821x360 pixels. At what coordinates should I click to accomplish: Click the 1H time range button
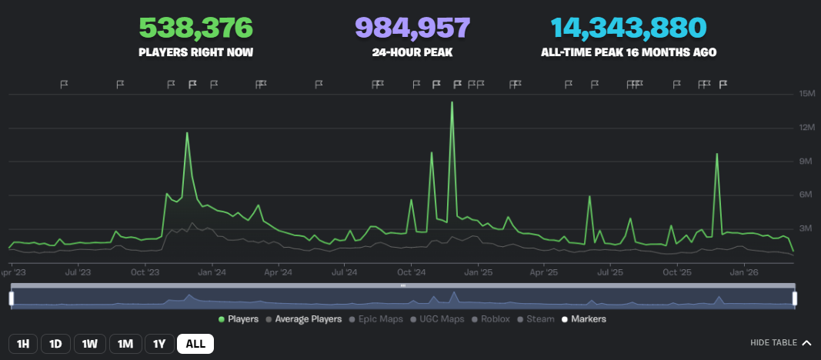(x=23, y=344)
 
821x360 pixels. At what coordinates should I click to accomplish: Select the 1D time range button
(x=55, y=344)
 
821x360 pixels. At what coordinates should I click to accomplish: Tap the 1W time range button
(x=90, y=344)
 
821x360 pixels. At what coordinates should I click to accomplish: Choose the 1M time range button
(x=125, y=344)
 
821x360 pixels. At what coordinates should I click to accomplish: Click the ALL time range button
(x=195, y=344)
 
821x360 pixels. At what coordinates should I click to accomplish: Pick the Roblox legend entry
(x=493, y=318)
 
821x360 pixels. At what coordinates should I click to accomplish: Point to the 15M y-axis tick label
(x=807, y=94)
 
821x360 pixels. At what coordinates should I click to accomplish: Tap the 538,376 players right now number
(x=195, y=28)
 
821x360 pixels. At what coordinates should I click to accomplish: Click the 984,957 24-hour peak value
(x=412, y=28)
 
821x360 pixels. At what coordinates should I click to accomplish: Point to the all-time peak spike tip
(x=452, y=102)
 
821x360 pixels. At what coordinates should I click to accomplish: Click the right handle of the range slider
(x=795, y=298)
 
